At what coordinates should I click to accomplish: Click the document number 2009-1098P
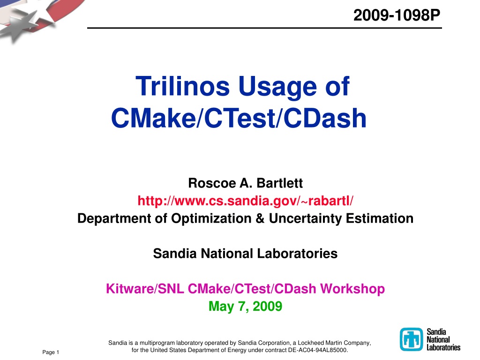(397, 15)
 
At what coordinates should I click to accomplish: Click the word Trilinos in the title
(182, 86)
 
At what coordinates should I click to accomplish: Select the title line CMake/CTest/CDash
(239, 118)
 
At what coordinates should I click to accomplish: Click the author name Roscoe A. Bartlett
(246, 183)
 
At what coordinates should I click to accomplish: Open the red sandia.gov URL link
(246, 201)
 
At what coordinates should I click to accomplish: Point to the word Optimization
(211, 218)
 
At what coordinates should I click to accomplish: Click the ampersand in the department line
(260, 218)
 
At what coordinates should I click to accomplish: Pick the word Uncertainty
(306, 218)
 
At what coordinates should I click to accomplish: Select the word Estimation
(380, 218)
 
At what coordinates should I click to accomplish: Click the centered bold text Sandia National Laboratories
(246, 254)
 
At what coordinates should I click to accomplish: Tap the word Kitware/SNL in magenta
(145, 289)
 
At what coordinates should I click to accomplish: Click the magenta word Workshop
(352, 289)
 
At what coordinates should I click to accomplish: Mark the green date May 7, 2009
(246, 307)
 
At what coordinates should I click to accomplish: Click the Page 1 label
(51, 352)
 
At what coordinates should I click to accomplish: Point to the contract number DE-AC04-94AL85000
(317, 350)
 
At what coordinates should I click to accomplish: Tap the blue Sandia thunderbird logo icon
(411, 339)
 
